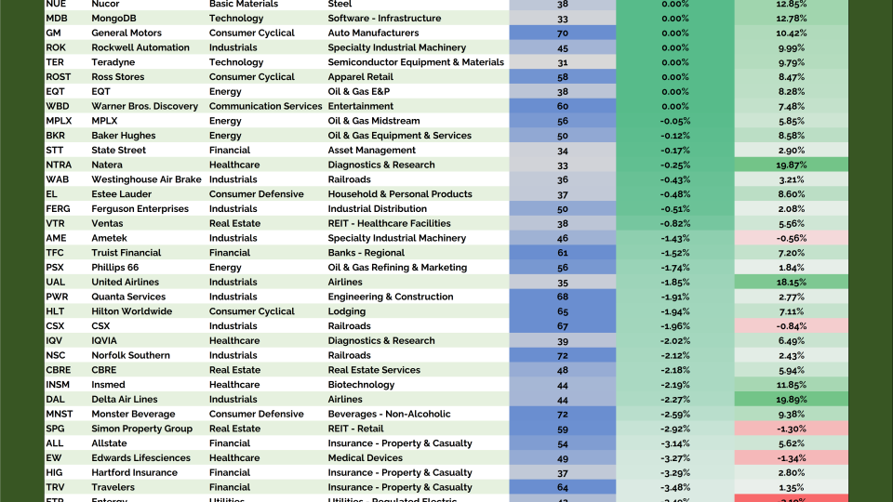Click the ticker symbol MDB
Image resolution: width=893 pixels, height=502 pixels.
(x=56, y=19)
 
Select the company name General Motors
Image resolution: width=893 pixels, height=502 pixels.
(x=127, y=33)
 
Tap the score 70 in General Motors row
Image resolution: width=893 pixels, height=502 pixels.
(x=563, y=33)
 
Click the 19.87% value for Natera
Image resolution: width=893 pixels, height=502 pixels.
(x=791, y=165)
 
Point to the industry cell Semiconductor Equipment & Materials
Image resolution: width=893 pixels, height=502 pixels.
(x=416, y=62)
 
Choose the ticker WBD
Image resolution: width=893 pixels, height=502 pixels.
(x=58, y=106)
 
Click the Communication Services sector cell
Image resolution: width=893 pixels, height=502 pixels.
(x=265, y=106)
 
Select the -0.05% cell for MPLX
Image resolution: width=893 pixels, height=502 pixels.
(x=674, y=121)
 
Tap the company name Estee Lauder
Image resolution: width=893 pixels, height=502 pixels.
(x=122, y=194)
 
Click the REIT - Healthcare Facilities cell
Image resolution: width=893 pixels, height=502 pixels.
(x=389, y=223)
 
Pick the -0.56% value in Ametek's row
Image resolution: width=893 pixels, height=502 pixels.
(x=791, y=238)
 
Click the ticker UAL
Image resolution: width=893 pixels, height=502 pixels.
(x=56, y=282)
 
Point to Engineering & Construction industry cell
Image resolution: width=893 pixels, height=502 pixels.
(x=391, y=297)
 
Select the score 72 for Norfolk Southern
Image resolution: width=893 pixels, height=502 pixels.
(x=563, y=355)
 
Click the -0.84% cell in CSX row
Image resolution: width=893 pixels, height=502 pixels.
(x=791, y=326)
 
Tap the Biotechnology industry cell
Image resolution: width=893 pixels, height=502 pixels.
(x=361, y=385)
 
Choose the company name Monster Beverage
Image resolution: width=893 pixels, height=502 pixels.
(x=133, y=414)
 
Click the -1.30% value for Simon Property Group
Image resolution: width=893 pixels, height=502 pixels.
(x=791, y=429)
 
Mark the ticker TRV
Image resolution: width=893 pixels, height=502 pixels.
(x=56, y=487)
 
